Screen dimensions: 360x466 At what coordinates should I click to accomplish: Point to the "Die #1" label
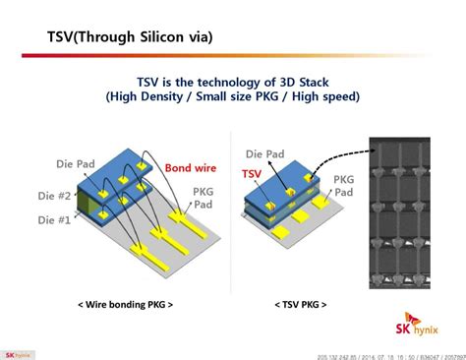coord(54,220)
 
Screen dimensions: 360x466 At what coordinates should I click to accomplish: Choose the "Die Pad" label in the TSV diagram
coord(266,153)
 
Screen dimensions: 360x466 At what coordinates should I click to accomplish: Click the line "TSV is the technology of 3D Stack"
coord(232,82)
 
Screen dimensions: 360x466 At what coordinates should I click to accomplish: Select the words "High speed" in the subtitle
coord(323,97)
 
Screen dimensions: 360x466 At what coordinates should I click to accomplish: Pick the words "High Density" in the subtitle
coord(149,97)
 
